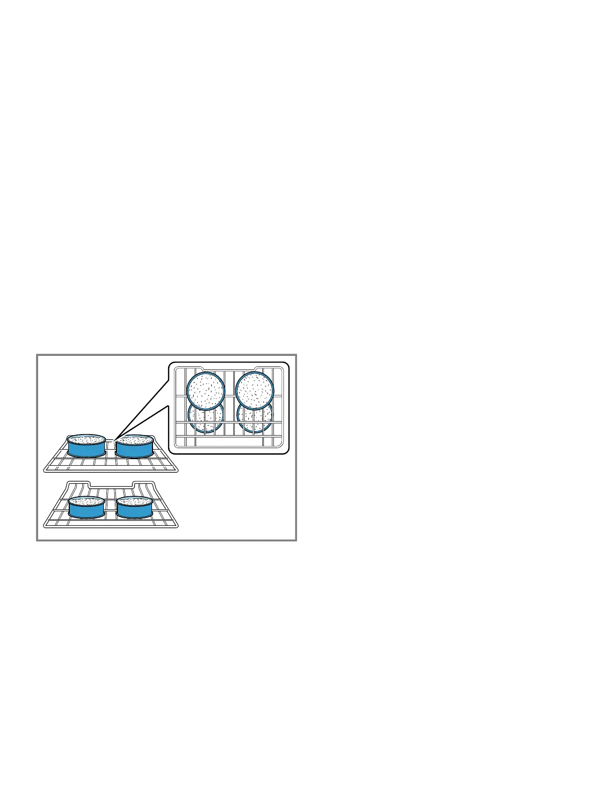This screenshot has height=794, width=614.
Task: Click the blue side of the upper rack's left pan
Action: (x=86, y=449)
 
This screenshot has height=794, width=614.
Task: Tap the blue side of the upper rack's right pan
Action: (x=134, y=449)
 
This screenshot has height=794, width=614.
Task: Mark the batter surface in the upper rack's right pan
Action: (x=134, y=440)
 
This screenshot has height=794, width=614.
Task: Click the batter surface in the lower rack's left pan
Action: (x=86, y=501)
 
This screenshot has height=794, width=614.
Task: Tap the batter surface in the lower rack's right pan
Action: (x=134, y=501)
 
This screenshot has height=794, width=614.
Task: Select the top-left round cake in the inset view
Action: (x=206, y=390)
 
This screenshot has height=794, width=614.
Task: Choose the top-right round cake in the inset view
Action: (x=255, y=390)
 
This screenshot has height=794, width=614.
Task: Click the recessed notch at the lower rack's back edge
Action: (x=111, y=485)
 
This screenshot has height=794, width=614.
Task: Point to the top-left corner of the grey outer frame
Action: (x=37, y=355)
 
